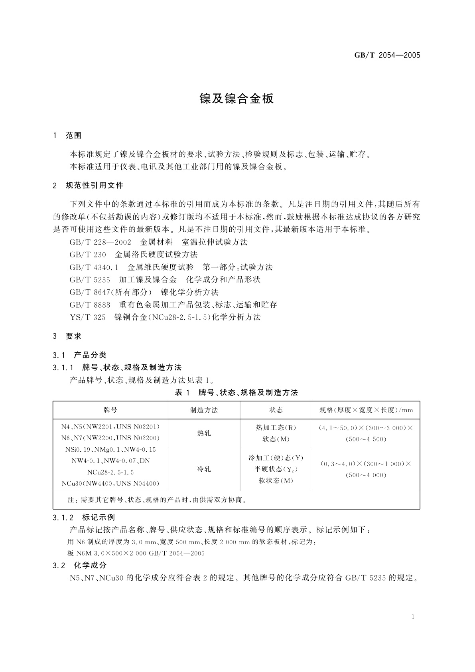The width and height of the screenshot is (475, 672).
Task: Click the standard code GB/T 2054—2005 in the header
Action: [x=387, y=55]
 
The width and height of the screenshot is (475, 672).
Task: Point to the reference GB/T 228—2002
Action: [x=100, y=242]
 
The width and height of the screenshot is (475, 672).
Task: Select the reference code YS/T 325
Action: [x=87, y=317]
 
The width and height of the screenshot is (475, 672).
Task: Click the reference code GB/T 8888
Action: [x=90, y=305]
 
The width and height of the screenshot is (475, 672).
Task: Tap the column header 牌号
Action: [x=110, y=410]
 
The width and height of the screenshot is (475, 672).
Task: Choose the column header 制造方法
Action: [x=204, y=410]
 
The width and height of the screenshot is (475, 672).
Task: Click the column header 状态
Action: [x=276, y=410]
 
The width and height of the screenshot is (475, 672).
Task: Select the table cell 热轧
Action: [x=204, y=433]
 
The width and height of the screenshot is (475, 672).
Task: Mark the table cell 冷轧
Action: [x=204, y=469]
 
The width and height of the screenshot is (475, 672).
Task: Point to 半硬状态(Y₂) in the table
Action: [x=276, y=469]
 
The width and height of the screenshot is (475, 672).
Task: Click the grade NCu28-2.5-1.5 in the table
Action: [x=110, y=472]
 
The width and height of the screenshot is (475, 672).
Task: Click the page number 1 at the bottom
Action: [x=413, y=617]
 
